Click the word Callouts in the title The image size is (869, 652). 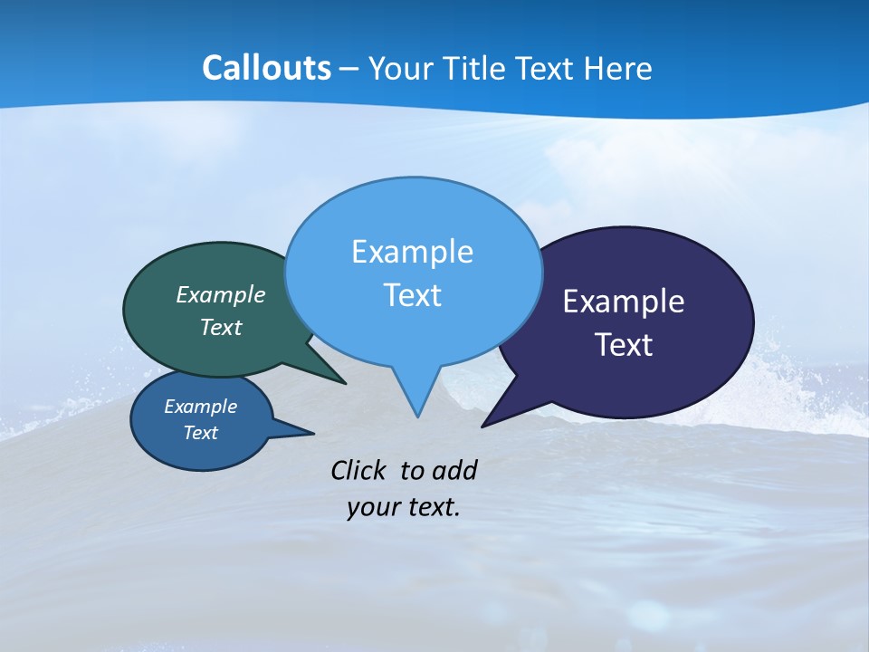click(x=266, y=69)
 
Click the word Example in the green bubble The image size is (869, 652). click(x=221, y=294)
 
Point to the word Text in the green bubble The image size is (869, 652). click(x=221, y=327)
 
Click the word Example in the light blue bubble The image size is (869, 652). click(x=413, y=252)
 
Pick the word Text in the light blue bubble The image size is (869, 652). click(x=413, y=295)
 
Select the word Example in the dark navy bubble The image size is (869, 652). click(x=624, y=302)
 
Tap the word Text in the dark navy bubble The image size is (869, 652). click(x=624, y=345)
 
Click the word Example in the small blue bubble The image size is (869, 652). click(x=201, y=407)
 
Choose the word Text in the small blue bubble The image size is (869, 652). click(x=201, y=433)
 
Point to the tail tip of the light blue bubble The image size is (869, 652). click(x=417, y=416)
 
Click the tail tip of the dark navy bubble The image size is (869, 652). click(x=483, y=426)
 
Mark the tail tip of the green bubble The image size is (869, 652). click(x=345, y=383)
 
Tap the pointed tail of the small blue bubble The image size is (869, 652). click(x=313, y=433)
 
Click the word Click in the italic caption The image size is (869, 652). click(x=359, y=470)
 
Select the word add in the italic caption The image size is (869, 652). click(x=454, y=470)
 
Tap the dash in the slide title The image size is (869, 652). click(x=350, y=69)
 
